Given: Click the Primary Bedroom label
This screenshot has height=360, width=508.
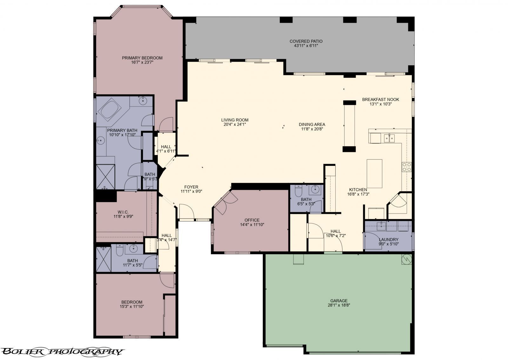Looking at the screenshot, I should pyautogui.click(x=142, y=58).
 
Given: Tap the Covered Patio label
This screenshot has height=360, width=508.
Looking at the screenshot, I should pyautogui.click(x=306, y=41).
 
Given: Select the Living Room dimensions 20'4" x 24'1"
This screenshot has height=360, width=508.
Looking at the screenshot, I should pyautogui.click(x=235, y=125).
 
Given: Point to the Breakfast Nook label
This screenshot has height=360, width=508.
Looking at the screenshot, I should pyautogui.click(x=380, y=99).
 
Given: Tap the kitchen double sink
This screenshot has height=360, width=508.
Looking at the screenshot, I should pyautogui.click(x=389, y=138).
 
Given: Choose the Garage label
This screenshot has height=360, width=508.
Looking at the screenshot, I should pyautogui.click(x=339, y=301).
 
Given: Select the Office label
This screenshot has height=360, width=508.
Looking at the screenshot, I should pyautogui.click(x=252, y=220).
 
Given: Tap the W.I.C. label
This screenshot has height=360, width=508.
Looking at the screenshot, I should pyautogui.click(x=123, y=212).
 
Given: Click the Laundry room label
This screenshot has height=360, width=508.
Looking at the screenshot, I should pyautogui.click(x=388, y=240).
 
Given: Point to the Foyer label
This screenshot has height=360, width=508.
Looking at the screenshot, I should pyautogui.click(x=191, y=187).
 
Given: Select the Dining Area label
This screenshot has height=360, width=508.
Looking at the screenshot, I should pyautogui.click(x=312, y=125).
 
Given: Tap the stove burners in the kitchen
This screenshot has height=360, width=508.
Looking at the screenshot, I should pyautogui.click(x=407, y=167).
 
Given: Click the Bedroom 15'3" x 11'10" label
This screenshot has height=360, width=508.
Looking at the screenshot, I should pyautogui.click(x=131, y=302).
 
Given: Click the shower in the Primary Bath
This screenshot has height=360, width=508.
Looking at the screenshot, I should pyautogui.click(x=105, y=177).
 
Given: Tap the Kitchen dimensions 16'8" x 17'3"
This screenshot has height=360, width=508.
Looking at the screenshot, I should pyautogui.click(x=358, y=194).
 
